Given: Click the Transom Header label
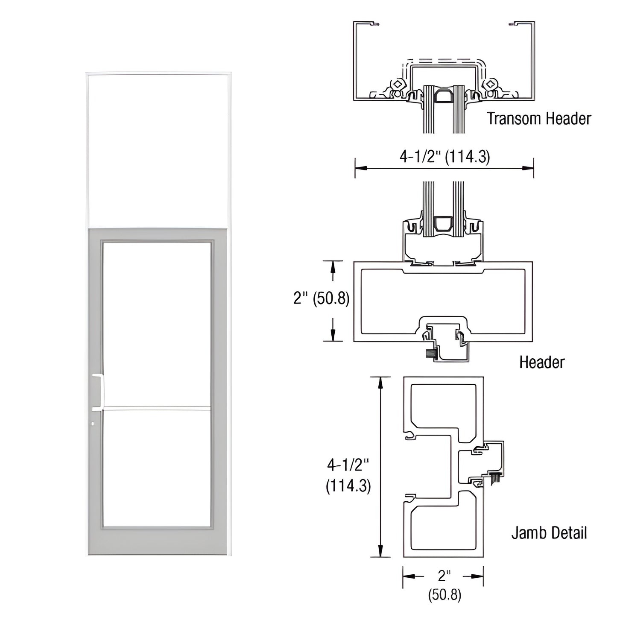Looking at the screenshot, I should pyautogui.click(x=539, y=118).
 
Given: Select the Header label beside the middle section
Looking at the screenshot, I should pyautogui.click(x=541, y=362).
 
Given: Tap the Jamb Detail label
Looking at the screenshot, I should pyautogui.click(x=549, y=533).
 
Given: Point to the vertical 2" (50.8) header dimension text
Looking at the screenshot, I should pyautogui.click(x=321, y=298).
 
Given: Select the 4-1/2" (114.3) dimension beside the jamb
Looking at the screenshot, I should pyautogui.click(x=348, y=475).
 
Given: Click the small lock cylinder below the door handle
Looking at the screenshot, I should pyautogui.click(x=93, y=424).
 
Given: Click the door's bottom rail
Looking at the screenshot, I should pyautogui.click(x=157, y=541).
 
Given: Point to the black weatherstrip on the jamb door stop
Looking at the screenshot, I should pyautogui.click(x=496, y=478).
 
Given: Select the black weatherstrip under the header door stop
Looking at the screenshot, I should pyautogui.click(x=429, y=354).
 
